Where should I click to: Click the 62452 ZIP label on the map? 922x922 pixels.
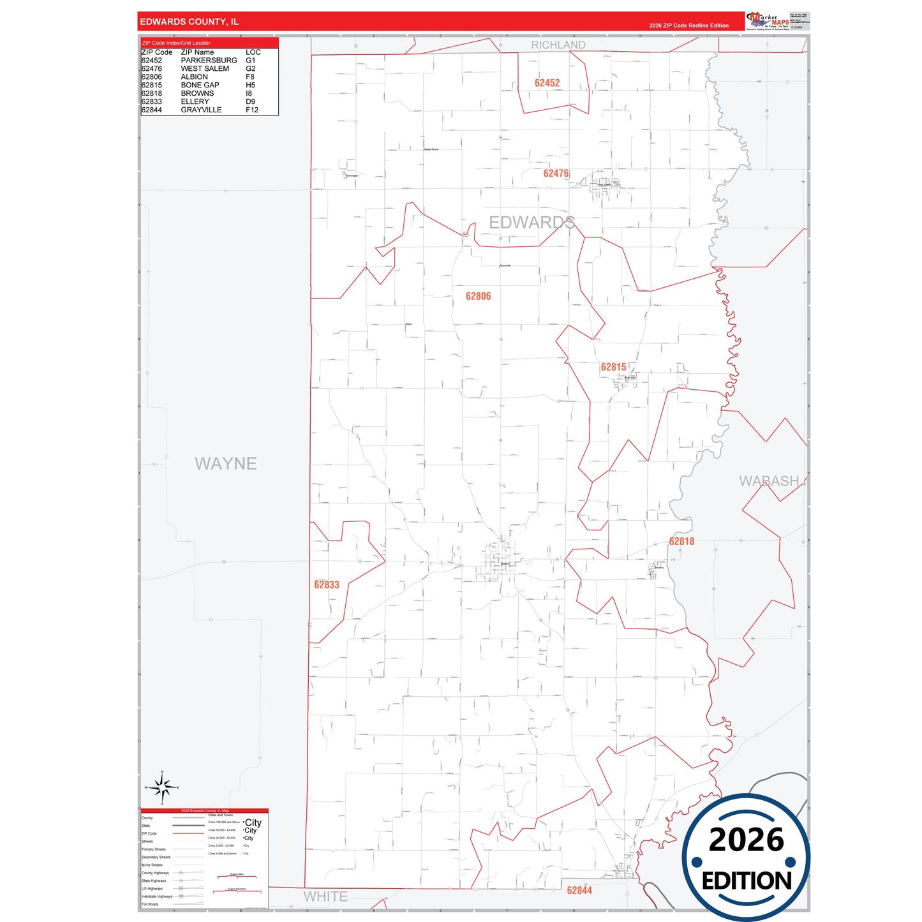pyautogui.click(x=547, y=83)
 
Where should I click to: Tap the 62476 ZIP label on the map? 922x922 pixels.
pyautogui.click(x=556, y=174)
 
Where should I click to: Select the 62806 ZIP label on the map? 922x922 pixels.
pyautogui.click(x=478, y=296)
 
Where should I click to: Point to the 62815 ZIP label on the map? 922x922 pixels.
pyautogui.click(x=613, y=367)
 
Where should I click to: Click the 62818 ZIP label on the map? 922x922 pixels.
pyautogui.click(x=681, y=541)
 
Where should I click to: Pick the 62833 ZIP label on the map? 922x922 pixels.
pyautogui.click(x=327, y=584)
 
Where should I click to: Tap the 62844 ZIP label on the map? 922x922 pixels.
pyautogui.click(x=579, y=890)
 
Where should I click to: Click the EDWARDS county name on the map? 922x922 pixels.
pyautogui.click(x=532, y=222)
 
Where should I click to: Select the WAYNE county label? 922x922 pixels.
pyautogui.click(x=226, y=463)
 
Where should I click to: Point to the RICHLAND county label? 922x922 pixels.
pyautogui.click(x=558, y=45)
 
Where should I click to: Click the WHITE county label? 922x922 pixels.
pyautogui.click(x=325, y=896)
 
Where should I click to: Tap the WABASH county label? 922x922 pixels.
pyautogui.click(x=769, y=481)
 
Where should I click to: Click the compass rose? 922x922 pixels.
pyautogui.click(x=162, y=788)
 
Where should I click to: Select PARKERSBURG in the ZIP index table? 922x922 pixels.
pyautogui.click(x=209, y=61)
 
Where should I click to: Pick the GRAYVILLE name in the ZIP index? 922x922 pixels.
pyautogui.click(x=201, y=110)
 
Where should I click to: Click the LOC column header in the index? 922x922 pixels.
pyautogui.click(x=253, y=52)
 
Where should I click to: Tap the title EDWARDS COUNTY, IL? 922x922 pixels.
pyautogui.click(x=190, y=22)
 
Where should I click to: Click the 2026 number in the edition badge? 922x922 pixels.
pyautogui.click(x=746, y=840)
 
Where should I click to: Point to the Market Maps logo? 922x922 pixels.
pyautogui.click(x=768, y=20)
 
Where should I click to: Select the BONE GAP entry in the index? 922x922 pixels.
pyautogui.click(x=200, y=85)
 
